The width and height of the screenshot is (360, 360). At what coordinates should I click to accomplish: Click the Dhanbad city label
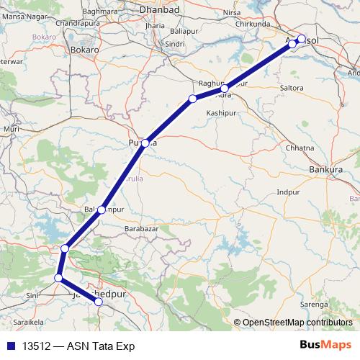click(160, 10)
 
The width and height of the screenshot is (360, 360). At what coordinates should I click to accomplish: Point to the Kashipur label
click(221, 114)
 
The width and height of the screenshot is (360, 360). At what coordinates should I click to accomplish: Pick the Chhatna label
click(300, 148)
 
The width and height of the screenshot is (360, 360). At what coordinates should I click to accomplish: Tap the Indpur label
click(288, 193)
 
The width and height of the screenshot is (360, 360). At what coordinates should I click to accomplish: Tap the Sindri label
click(176, 44)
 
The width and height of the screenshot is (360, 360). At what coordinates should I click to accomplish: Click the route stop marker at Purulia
click(145, 143)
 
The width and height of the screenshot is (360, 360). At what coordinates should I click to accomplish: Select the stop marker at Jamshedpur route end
click(99, 302)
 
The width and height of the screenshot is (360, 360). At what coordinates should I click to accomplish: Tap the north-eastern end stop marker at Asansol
click(302, 39)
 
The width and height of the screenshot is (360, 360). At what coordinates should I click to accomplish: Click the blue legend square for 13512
click(11, 346)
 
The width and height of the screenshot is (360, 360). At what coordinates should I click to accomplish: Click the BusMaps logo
click(325, 346)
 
